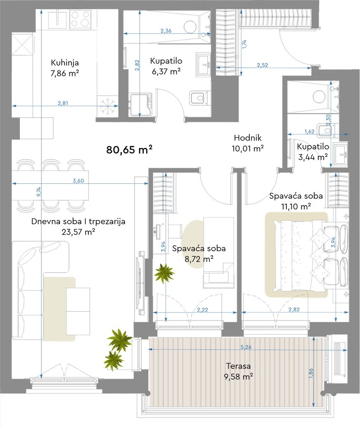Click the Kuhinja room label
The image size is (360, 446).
(65, 63)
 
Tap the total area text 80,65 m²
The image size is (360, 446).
(129, 149)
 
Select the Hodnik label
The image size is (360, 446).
(248, 138)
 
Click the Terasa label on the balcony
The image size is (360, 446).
(238, 366)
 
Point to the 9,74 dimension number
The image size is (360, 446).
(39, 192)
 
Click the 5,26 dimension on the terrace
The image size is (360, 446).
(246, 347)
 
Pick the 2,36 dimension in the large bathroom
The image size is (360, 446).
(166, 31)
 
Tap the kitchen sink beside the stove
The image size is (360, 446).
(57, 19)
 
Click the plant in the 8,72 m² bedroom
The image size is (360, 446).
(164, 273)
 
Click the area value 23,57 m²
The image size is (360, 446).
(78, 232)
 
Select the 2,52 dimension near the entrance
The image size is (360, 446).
(263, 65)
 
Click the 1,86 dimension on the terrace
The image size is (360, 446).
(311, 373)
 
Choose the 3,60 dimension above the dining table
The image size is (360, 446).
(78, 180)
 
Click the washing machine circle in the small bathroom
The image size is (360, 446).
(319, 97)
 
